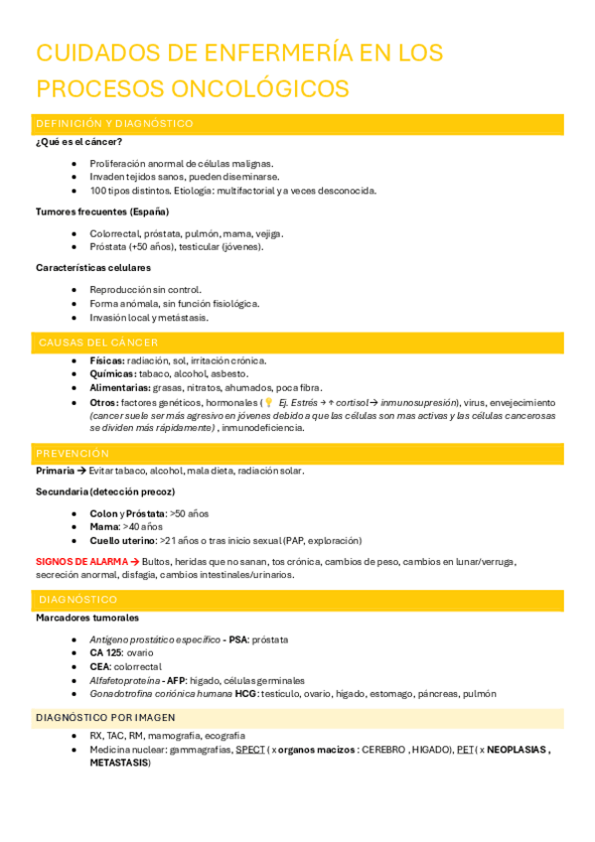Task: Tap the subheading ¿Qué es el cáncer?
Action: (x=78, y=141)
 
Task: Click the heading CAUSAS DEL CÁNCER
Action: (x=98, y=342)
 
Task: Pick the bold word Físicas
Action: (x=107, y=360)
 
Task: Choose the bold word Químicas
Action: (x=112, y=374)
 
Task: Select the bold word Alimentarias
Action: (x=119, y=387)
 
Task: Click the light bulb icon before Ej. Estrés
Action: (x=268, y=402)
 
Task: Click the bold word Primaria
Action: (x=56, y=471)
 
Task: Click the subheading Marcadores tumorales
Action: (x=87, y=618)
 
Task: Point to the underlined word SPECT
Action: (x=250, y=750)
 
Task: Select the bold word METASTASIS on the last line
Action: (x=119, y=763)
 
